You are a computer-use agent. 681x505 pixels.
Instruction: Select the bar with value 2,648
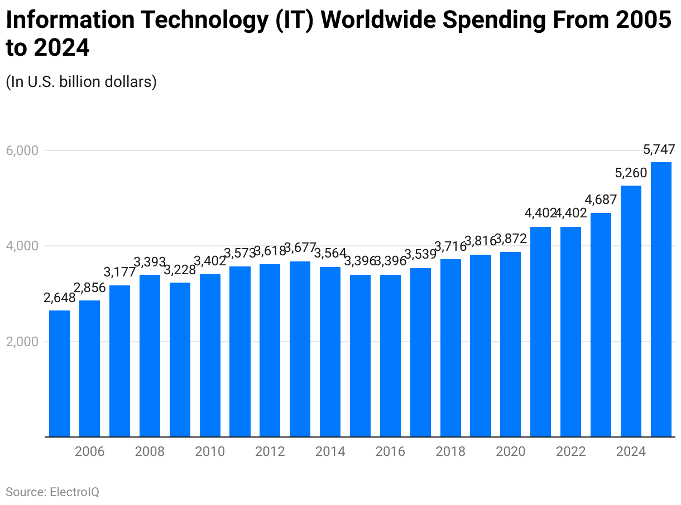coord(59,373)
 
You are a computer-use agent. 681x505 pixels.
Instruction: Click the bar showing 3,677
coord(300,349)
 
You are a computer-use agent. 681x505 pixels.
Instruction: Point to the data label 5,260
coord(631,173)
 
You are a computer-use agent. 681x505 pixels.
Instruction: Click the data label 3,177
coord(119,273)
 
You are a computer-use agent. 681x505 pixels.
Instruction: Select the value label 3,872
coord(510,240)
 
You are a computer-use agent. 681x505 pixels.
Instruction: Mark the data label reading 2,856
coord(89,288)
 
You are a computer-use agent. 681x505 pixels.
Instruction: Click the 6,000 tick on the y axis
coord(22,150)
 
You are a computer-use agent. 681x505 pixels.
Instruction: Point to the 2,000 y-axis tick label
coord(22,342)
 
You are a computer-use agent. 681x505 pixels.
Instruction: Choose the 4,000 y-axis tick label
coord(22,246)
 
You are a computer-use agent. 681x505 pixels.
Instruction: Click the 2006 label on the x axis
coord(89,451)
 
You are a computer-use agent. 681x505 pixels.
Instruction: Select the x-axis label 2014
coord(330,451)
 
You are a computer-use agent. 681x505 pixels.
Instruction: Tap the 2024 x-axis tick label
coord(631,451)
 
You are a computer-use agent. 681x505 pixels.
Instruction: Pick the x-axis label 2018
coord(450,451)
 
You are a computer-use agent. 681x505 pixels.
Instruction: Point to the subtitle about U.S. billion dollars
coord(81,82)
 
